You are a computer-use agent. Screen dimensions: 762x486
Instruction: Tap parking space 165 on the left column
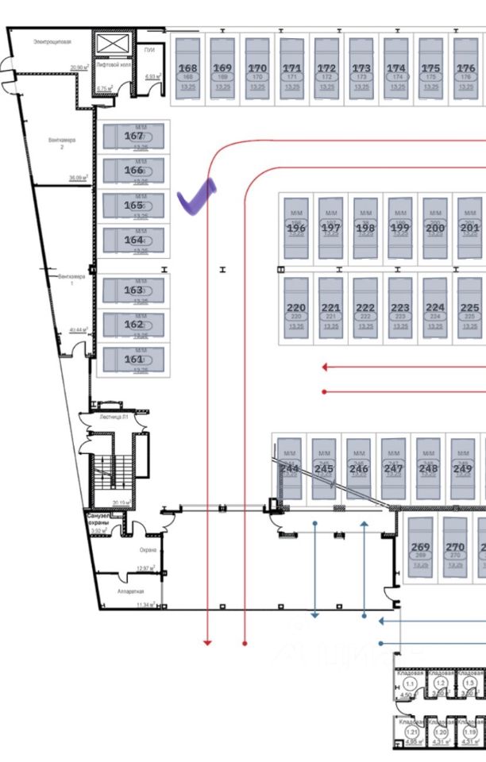pyautogui.click(x=134, y=206)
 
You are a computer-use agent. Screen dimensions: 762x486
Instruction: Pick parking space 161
pyautogui.click(x=134, y=359)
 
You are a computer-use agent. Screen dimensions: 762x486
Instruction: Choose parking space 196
pyautogui.click(x=295, y=228)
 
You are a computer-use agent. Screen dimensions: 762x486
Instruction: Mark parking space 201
pyautogui.click(x=469, y=228)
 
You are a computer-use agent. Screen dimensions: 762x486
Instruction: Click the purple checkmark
pyautogui.click(x=196, y=196)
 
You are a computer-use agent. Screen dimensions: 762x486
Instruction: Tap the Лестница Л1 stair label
pyautogui.click(x=114, y=416)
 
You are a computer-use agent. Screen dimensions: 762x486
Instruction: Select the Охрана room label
pyautogui.click(x=148, y=549)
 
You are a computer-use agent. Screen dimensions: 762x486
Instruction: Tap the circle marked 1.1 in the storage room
pyautogui.click(x=411, y=683)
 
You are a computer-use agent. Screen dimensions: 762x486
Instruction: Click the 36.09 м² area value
pyautogui.click(x=77, y=179)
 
